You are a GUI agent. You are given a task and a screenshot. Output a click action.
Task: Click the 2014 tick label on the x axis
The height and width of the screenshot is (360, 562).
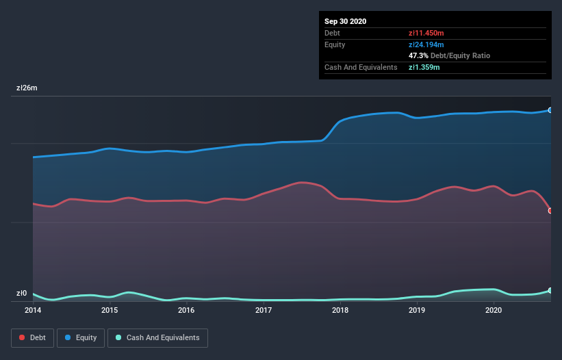[x=33, y=310]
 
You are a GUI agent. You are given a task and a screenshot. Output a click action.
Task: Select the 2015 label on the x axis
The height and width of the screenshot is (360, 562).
[x=110, y=310]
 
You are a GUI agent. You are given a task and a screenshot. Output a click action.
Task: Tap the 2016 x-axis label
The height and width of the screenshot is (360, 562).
[x=186, y=310]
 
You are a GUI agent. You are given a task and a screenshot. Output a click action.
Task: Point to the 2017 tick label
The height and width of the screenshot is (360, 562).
[x=264, y=310]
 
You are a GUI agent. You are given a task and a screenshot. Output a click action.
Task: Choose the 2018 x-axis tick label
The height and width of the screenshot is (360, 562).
[x=340, y=310]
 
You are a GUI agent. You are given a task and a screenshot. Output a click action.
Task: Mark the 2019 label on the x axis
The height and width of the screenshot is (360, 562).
[x=417, y=310]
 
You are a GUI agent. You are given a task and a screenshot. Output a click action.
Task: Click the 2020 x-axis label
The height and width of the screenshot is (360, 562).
[x=494, y=310]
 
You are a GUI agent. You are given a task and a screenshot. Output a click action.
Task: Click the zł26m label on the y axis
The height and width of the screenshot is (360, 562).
[x=27, y=88]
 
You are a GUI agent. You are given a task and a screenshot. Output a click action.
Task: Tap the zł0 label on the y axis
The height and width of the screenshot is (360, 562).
[x=22, y=294]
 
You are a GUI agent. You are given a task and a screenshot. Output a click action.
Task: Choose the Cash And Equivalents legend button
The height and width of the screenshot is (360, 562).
[x=157, y=337]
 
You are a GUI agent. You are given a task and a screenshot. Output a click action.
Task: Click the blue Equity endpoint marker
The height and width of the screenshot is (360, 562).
[x=550, y=110]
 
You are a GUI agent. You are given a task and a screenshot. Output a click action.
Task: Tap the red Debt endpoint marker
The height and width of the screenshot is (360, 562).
[x=550, y=211]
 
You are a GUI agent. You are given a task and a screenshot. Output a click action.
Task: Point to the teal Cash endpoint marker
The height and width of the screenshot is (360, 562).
[x=550, y=291]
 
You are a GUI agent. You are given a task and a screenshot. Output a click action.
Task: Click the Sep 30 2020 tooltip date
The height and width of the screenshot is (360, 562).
[x=346, y=21]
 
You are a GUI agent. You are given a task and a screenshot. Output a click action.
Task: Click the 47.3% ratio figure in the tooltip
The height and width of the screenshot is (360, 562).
[x=418, y=55]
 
